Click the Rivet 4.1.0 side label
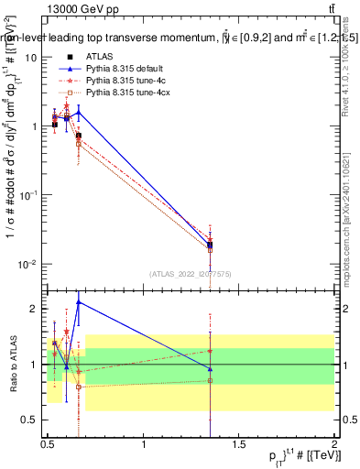pyautogui.click(x=346, y=69)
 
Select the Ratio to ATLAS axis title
pyautogui.click(x=12, y=364)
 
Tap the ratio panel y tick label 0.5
pyautogui.click(x=33, y=420)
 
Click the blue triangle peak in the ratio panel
pyautogui.click(x=79, y=301)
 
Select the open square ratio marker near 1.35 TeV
pyautogui.click(x=211, y=380)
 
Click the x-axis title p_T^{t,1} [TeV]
pyautogui.click(x=303, y=457)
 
